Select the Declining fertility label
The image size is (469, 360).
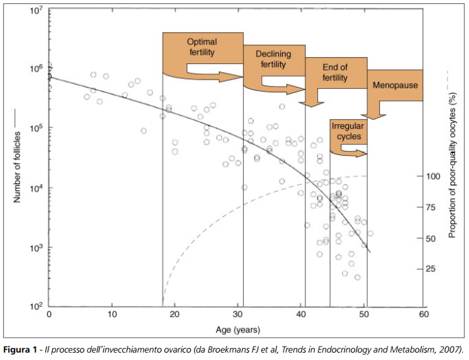pos(265,60)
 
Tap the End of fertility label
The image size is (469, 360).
pos(334,73)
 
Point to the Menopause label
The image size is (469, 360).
pos(395,86)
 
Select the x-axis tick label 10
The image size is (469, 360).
pos(111,316)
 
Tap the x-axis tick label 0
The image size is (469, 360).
pos(49,316)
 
